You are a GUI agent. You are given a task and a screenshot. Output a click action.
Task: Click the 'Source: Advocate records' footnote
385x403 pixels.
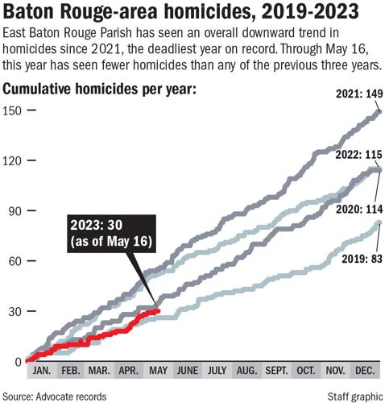pos(55,395)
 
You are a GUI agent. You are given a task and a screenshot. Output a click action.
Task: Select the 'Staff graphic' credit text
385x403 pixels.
pos(354,395)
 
